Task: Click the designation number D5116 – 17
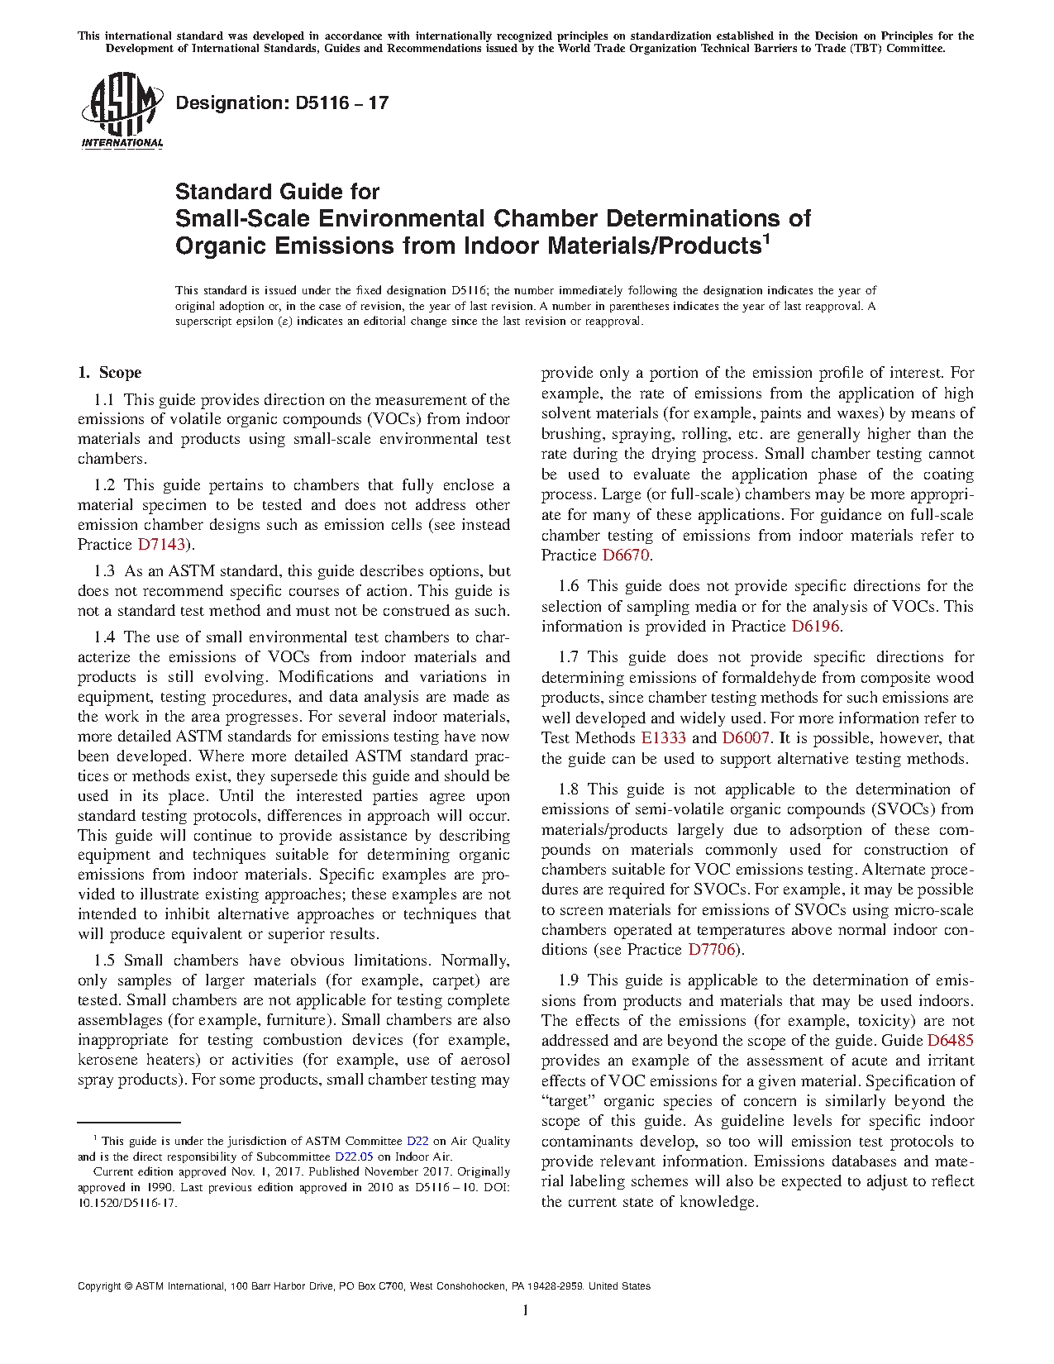[x=282, y=103]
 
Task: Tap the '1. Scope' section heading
[x=110, y=373]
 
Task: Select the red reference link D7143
[x=161, y=545]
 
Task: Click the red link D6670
[x=626, y=556]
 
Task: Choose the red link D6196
[x=815, y=627]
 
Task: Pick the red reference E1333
[x=663, y=738]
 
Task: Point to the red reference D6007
[x=746, y=738]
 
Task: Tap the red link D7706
[x=712, y=950]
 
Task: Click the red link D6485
[x=950, y=1041]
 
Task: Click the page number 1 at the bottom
[x=526, y=1310]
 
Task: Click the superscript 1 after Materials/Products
[x=766, y=240]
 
